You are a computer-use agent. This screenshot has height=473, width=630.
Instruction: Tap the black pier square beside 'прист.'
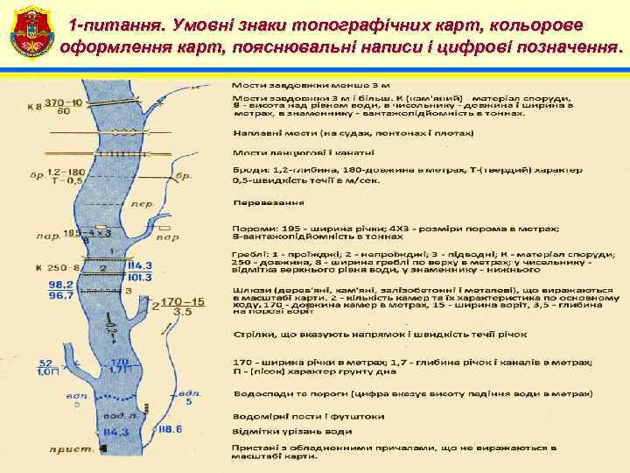(x=104, y=449)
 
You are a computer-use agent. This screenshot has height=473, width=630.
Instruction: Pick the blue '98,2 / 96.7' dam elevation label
(x=61, y=290)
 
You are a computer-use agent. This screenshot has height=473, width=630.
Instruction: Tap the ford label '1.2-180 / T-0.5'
(x=67, y=177)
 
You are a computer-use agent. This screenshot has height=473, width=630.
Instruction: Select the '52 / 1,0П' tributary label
(x=47, y=368)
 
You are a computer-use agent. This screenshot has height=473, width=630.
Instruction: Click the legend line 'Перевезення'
(x=269, y=202)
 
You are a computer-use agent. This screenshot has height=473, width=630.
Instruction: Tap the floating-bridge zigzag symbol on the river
(x=128, y=133)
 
